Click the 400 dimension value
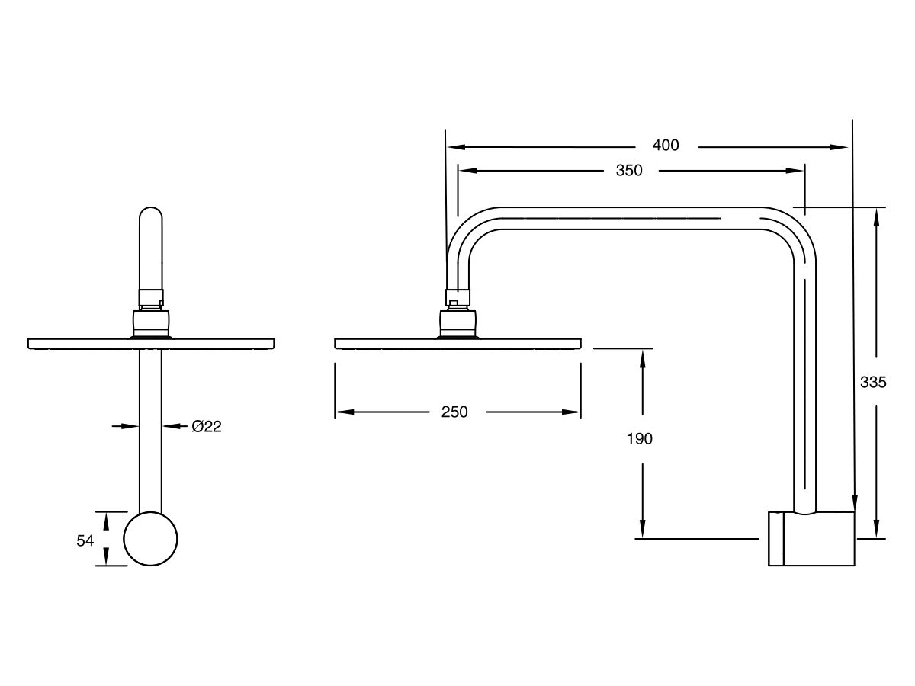pos(666,146)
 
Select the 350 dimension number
pos(629,171)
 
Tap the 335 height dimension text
pos(873,383)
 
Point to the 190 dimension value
pos(640,439)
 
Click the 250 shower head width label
pos(454,412)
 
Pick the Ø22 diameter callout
pos(206,427)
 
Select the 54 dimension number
pos(85,540)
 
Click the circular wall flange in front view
pos(150,539)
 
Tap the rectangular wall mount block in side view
pos(811,538)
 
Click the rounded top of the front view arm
pos(150,216)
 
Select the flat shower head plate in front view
pos(150,343)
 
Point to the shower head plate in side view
pos(457,343)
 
